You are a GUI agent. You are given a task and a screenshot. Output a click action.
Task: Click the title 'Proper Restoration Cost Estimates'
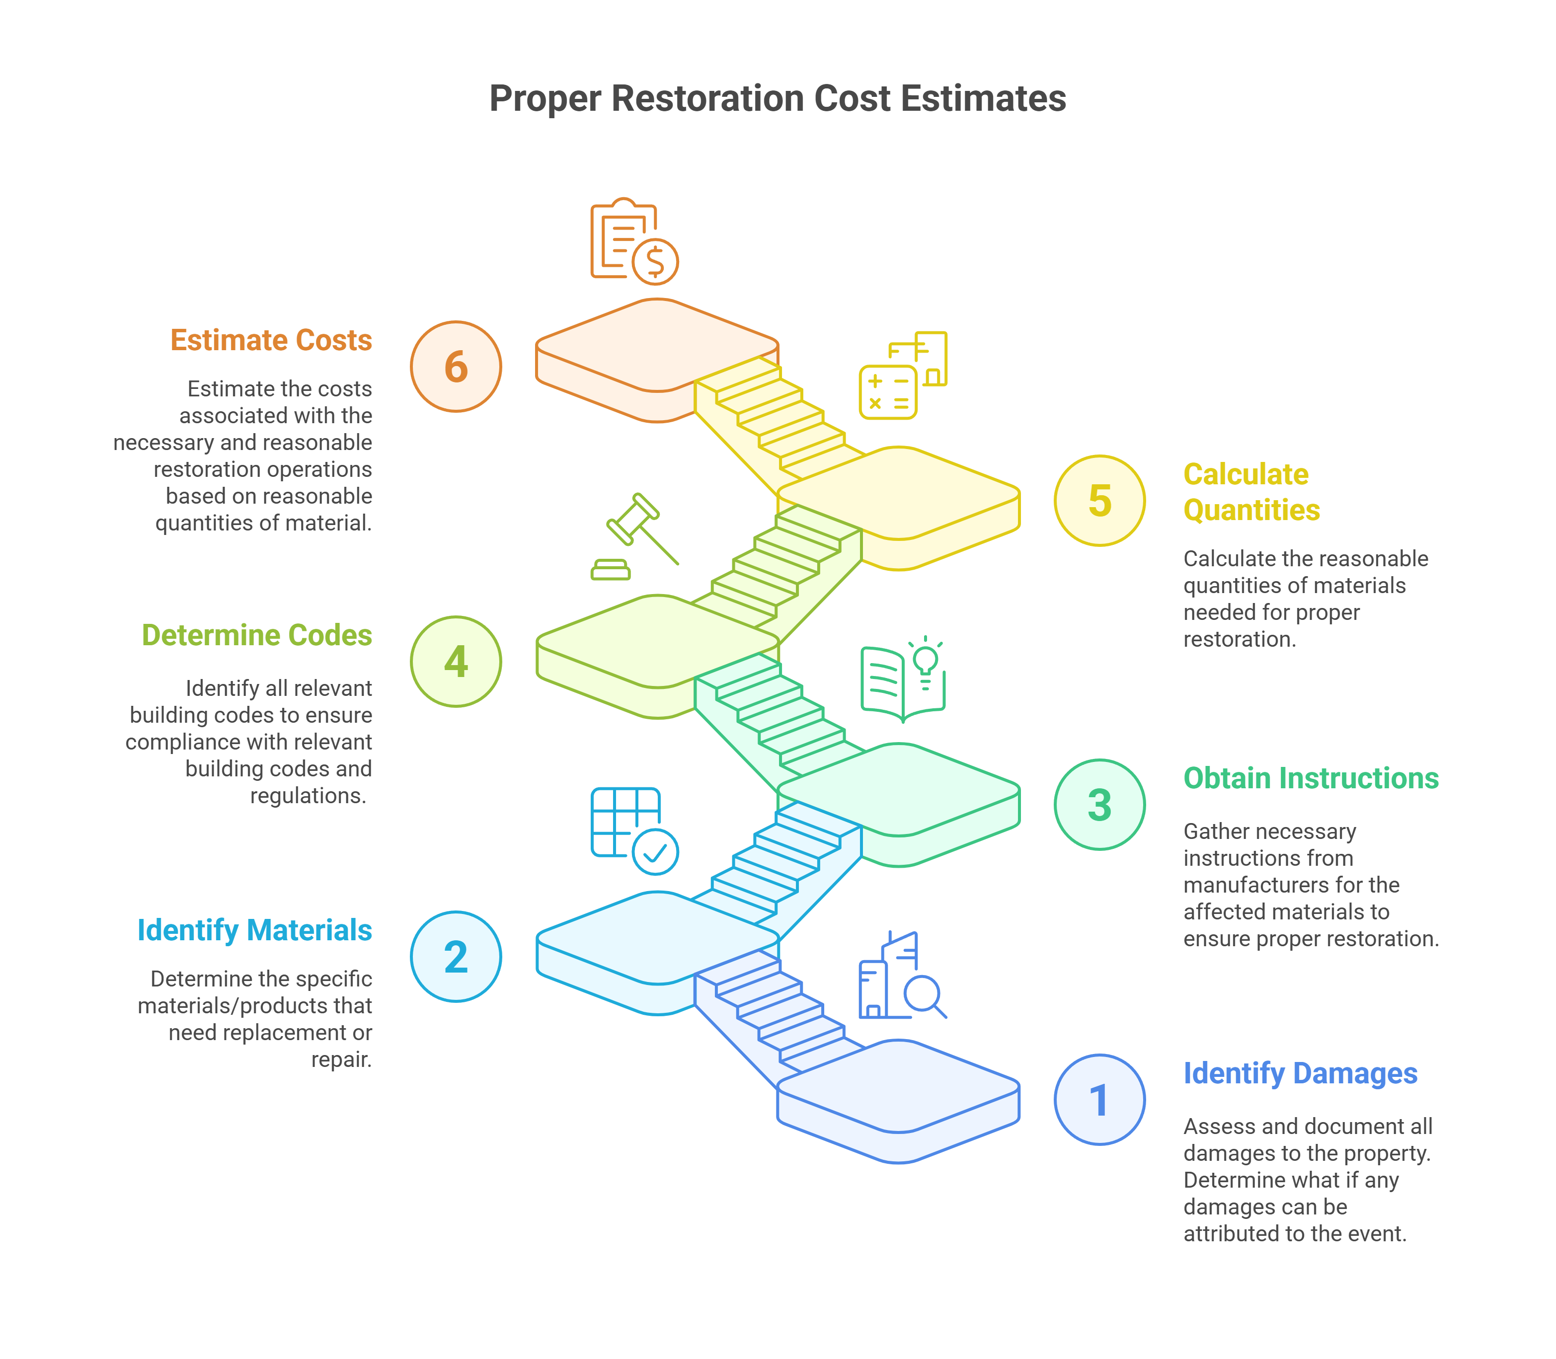coord(778,98)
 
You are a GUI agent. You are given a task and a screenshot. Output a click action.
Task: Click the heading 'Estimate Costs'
coord(271,341)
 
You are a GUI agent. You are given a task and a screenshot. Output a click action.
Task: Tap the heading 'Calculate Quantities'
coord(1252,492)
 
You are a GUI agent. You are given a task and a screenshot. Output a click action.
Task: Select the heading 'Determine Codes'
coord(256,635)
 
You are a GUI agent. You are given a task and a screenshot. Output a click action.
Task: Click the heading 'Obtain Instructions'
coord(1311,779)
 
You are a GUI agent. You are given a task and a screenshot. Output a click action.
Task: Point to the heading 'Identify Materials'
coord(254,930)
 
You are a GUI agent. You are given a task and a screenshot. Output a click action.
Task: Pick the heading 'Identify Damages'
coord(1300,1074)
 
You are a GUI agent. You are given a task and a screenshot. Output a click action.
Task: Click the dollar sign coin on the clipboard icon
coord(655,262)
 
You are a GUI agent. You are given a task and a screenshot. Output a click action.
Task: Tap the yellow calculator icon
coord(888,392)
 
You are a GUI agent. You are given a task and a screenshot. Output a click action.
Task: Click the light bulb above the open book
coord(926,663)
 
